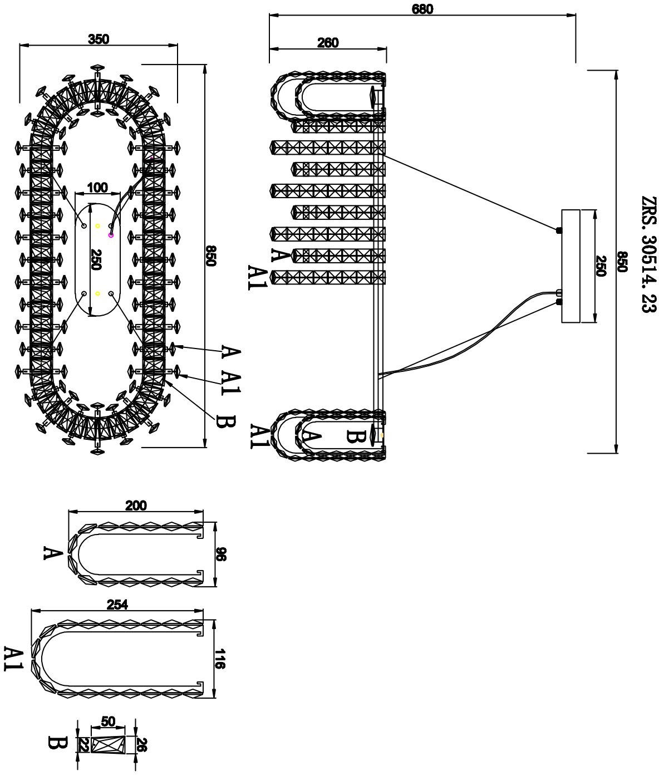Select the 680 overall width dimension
pyautogui.click(x=422, y=9)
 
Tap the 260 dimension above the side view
pyautogui.click(x=328, y=43)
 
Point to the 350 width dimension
pyautogui.click(x=99, y=39)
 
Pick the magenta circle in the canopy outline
pyautogui.click(x=111, y=236)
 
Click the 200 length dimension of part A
pyautogui.click(x=136, y=506)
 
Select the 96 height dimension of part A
pyautogui.click(x=221, y=555)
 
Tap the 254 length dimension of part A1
pyautogui.click(x=117, y=605)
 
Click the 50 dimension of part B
pyautogui.click(x=108, y=722)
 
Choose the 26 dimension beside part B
pyautogui.click(x=141, y=745)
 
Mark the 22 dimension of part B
pyautogui.click(x=84, y=745)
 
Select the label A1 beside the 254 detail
pyautogui.click(x=13, y=659)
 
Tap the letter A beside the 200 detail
pyautogui.click(x=52, y=553)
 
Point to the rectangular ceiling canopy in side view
pyautogui.click(x=571, y=266)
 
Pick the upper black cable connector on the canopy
pyautogui.click(x=559, y=230)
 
